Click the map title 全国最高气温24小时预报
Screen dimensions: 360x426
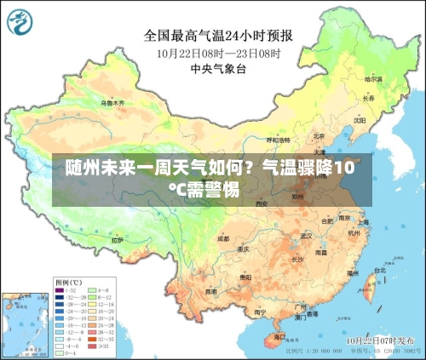click(217, 36)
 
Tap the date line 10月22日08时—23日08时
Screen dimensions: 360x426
click(218, 52)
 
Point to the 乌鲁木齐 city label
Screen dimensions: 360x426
click(112, 103)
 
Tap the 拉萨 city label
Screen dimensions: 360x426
click(118, 241)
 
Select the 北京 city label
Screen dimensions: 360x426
click(318, 135)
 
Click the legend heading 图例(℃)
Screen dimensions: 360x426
click(68, 282)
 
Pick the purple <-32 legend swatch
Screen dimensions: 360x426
click(59, 290)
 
